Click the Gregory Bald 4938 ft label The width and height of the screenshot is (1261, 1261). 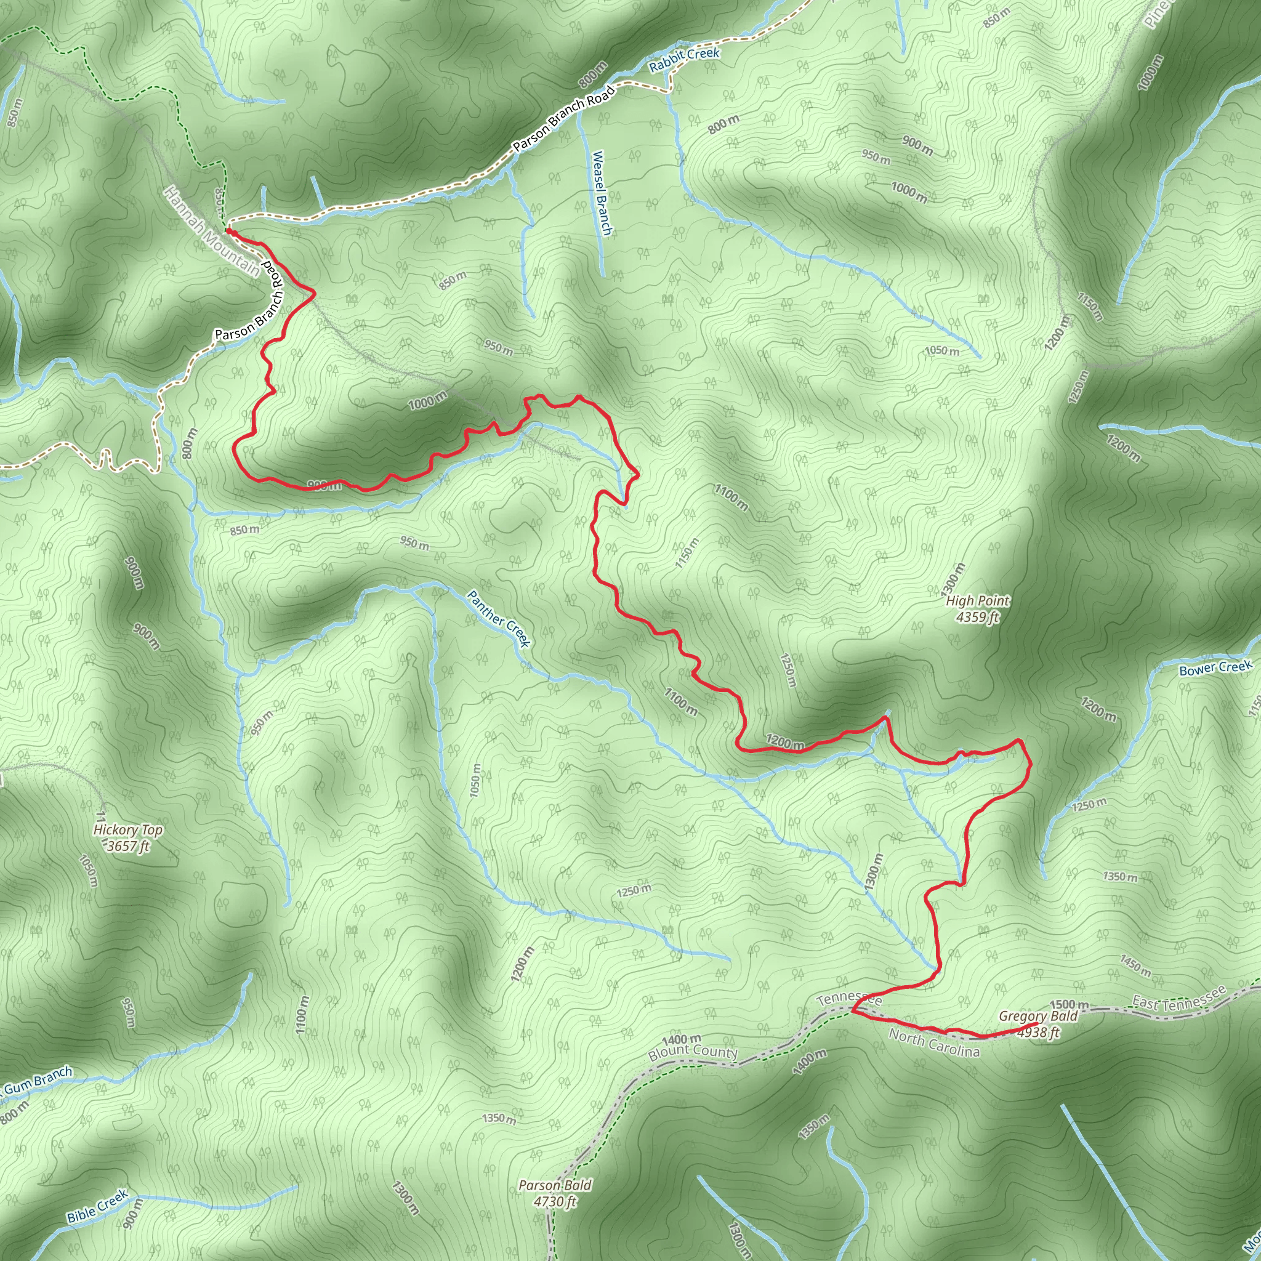[x=1037, y=1024]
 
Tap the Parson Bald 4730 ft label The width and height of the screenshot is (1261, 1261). [x=555, y=1193]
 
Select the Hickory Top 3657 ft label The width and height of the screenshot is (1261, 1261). [x=128, y=838]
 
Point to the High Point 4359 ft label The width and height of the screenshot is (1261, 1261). [x=978, y=608]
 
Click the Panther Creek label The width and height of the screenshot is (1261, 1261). [x=499, y=618]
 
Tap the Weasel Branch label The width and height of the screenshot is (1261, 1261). [x=601, y=193]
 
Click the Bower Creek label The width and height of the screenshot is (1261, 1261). [x=1215, y=667]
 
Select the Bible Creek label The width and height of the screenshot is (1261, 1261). [x=97, y=1206]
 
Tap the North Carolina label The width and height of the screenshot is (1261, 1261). [x=934, y=1043]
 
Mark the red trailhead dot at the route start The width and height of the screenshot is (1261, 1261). [x=229, y=231]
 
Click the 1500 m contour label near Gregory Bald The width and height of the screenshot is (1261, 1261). [x=1069, y=1004]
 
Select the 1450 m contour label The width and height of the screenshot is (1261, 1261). [x=1135, y=965]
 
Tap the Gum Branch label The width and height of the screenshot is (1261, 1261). [x=39, y=1080]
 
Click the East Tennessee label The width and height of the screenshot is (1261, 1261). [x=1178, y=999]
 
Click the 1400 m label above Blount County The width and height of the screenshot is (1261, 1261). [x=682, y=1039]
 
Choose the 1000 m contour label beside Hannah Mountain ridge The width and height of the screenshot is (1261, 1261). [x=427, y=400]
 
